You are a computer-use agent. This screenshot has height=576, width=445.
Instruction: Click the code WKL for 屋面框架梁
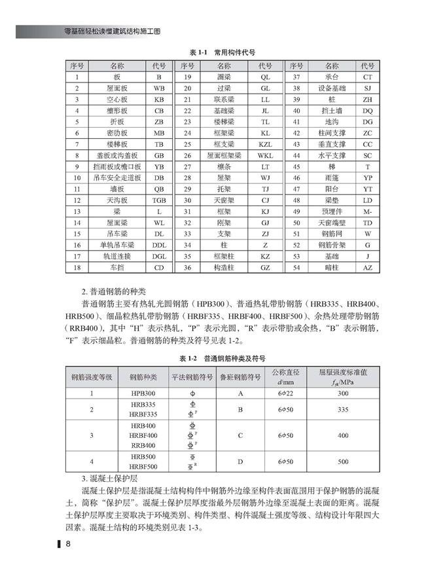coord(265,156)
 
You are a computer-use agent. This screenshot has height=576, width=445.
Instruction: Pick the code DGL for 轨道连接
coord(159,256)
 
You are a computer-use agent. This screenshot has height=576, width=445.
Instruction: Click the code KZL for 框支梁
coord(265,145)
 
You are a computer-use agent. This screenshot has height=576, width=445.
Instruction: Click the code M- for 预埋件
coord(367,211)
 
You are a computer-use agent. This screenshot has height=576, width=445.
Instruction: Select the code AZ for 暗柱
coord(367,267)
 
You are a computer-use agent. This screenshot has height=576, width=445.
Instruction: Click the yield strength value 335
coord(343,410)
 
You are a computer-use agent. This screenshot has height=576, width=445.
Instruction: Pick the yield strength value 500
coord(343,461)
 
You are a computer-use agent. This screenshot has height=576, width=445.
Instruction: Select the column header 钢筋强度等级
coord(92,377)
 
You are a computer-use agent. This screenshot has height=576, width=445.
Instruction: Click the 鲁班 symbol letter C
coord(240,435)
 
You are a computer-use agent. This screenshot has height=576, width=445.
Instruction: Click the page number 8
coord(68,545)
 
